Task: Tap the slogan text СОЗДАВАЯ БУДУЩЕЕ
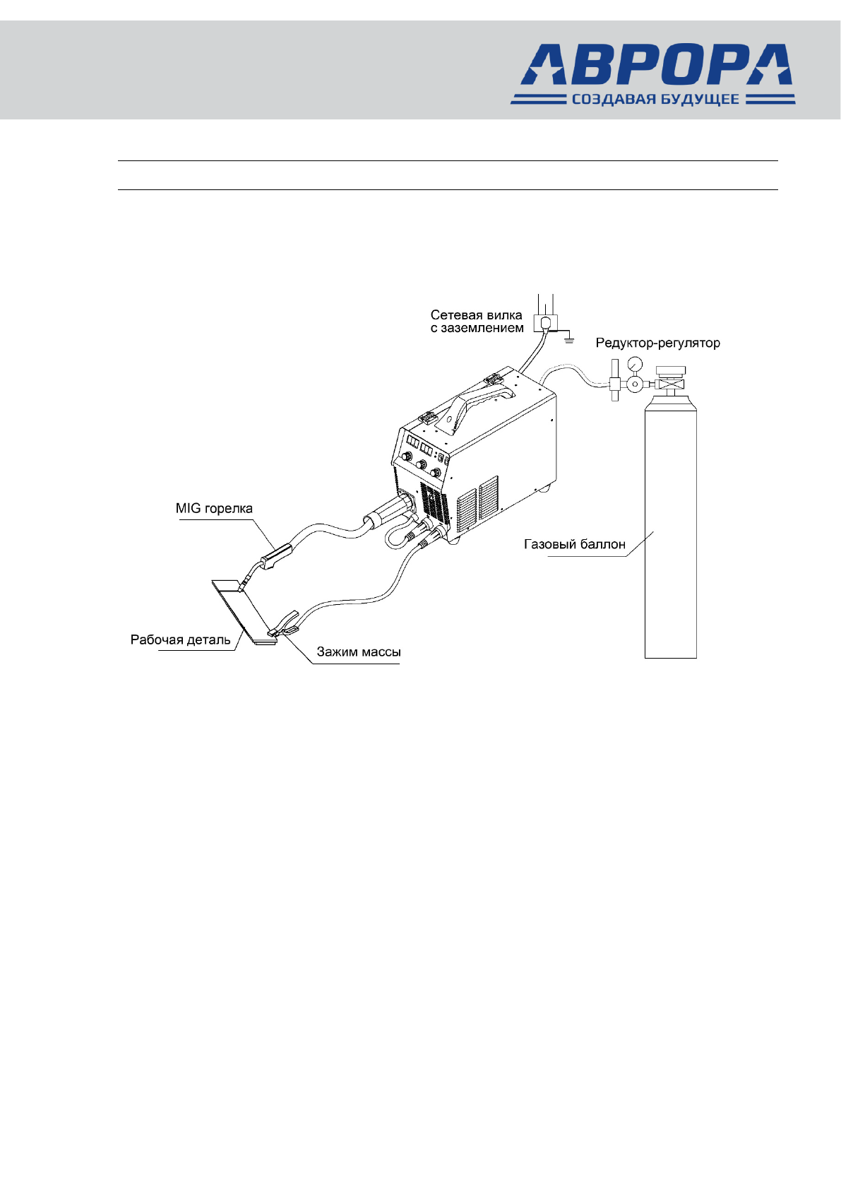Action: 655,100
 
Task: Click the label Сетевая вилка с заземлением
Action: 477,322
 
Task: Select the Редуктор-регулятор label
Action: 657,343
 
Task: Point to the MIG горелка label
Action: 214,509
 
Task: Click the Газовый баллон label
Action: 574,544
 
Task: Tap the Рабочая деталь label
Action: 180,640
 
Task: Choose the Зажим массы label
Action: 358,652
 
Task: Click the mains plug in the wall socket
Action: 545,323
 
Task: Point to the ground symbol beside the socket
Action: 569,341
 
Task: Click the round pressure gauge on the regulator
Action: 634,363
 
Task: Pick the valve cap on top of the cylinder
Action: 670,372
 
